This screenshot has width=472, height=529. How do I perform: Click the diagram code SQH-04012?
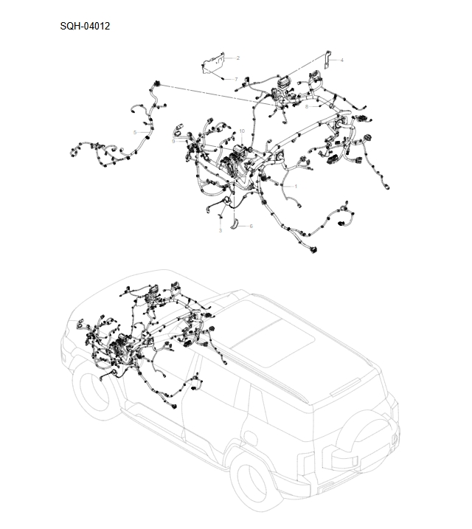point(86,27)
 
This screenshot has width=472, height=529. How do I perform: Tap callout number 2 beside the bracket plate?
point(237,58)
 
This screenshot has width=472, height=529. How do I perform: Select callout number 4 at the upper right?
point(341,59)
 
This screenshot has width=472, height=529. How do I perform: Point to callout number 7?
point(236,78)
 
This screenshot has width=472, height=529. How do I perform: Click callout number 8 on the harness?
point(307,106)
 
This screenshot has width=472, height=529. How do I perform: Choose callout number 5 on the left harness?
point(134,131)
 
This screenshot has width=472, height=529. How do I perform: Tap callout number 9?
point(173,140)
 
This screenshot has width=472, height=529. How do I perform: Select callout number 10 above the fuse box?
point(241,131)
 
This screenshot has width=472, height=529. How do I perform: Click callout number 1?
point(296,186)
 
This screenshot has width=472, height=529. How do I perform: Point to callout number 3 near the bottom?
point(220,231)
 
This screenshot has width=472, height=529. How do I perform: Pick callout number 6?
point(251,226)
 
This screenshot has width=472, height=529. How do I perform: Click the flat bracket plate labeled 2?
point(214,63)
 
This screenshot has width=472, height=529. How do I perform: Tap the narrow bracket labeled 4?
point(327,62)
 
